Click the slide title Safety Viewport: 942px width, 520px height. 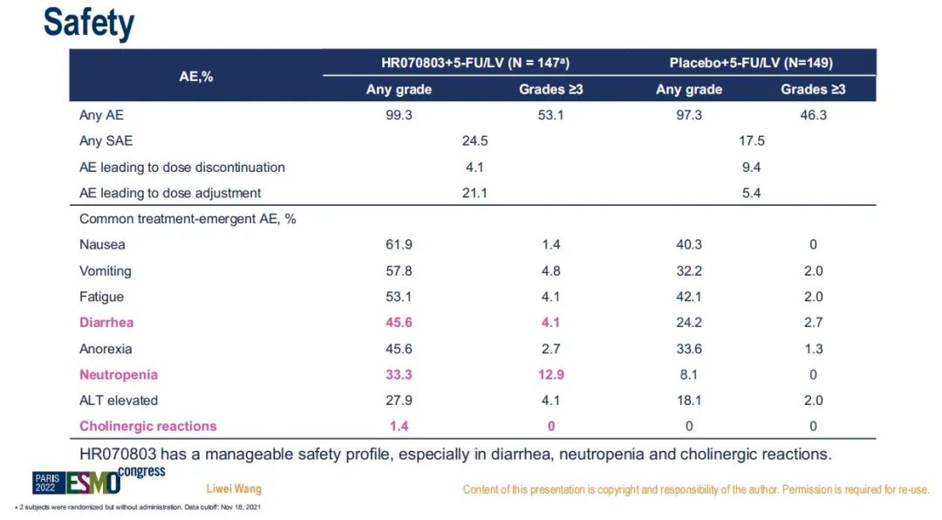point(89,23)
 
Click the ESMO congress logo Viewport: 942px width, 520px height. point(98,479)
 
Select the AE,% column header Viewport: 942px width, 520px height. point(196,76)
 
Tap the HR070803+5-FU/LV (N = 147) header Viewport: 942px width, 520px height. point(468,63)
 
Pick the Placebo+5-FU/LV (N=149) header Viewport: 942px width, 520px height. point(751,63)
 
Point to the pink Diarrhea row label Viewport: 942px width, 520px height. point(106,323)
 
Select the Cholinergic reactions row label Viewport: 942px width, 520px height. point(148,427)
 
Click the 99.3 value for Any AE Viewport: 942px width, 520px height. point(399,115)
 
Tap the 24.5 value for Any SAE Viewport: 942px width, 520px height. point(474,140)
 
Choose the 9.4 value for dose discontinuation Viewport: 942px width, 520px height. point(751,167)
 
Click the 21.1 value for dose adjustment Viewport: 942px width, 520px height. point(474,193)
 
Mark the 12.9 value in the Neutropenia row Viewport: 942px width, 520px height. point(551,375)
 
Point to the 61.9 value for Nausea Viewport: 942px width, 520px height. point(399,245)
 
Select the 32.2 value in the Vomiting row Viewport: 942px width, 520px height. point(689,271)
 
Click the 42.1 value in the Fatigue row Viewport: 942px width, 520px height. point(689,297)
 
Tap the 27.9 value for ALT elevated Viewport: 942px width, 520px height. point(399,400)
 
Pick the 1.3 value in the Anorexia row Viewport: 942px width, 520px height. point(813,349)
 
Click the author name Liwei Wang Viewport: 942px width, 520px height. point(234,489)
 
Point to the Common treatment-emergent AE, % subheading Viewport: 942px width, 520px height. point(188,219)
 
